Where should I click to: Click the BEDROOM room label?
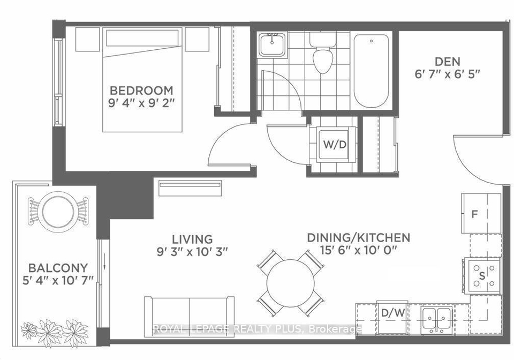[141, 91]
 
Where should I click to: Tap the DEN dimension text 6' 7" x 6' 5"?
[448, 74]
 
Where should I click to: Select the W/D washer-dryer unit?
[334, 144]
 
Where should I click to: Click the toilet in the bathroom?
[323, 52]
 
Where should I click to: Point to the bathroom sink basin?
[272, 45]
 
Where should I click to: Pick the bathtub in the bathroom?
[372, 71]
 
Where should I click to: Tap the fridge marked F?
[481, 213]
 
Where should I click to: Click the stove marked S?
[482, 275]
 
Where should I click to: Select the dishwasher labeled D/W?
[392, 317]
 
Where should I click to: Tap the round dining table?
[291, 283]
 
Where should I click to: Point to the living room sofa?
[190, 317]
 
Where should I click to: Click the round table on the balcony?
[58, 210]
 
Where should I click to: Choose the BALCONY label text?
[58, 268]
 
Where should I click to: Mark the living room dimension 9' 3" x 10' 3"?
[192, 252]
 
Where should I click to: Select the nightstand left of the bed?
[87, 39]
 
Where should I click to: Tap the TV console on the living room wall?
[190, 188]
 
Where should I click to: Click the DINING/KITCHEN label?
[358, 237]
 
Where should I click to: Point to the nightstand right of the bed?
[197, 39]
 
